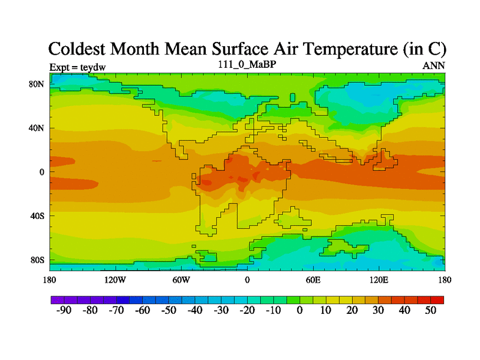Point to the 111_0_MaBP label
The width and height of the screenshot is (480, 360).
(x=247, y=64)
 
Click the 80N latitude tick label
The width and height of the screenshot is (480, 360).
(x=37, y=84)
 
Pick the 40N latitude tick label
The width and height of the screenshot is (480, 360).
(x=37, y=128)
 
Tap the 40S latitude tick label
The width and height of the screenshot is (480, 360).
(x=37, y=215)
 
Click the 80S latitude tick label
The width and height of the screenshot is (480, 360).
(x=37, y=260)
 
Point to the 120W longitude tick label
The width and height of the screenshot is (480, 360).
(x=115, y=280)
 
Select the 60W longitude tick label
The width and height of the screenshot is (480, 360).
(x=181, y=280)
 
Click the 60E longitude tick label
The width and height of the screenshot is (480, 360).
(x=313, y=280)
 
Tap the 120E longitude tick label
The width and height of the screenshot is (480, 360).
(x=379, y=280)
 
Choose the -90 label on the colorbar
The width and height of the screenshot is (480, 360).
(x=63, y=310)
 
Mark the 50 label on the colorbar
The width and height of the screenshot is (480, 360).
(x=430, y=310)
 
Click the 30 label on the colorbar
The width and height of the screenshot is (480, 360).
(x=378, y=310)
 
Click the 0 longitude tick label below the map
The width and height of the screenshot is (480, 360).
(x=247, y=280)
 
